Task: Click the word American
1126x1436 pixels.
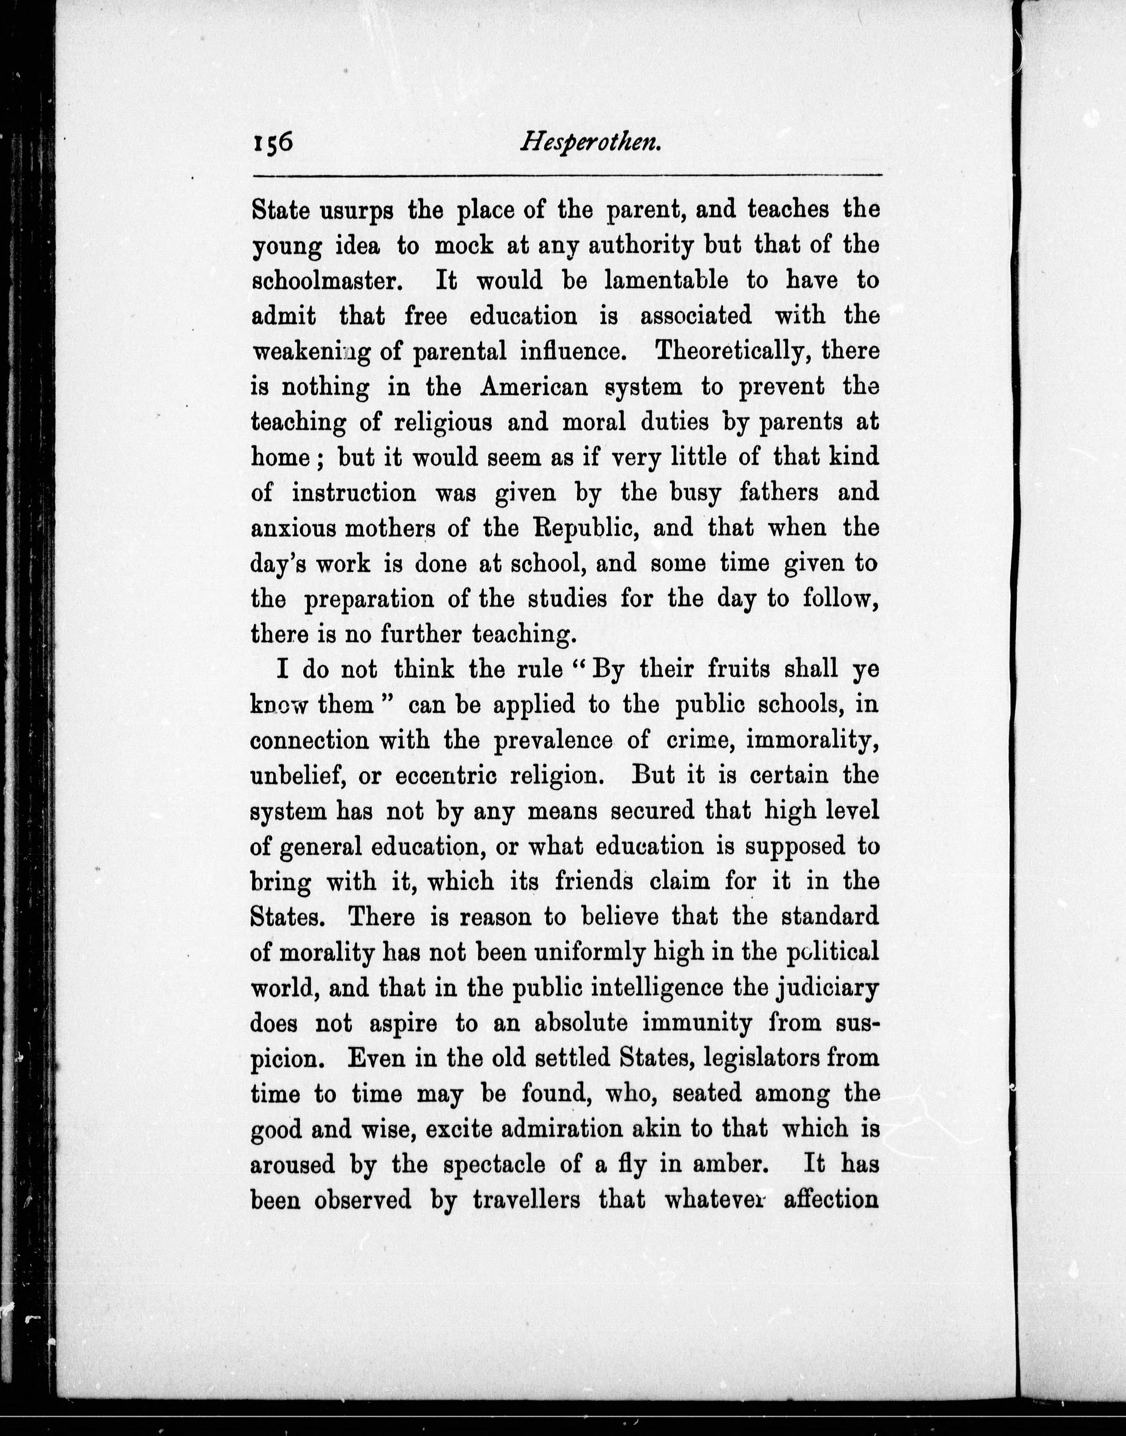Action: pyautogui.click(x=533, y=387)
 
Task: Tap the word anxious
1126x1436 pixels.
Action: pyautogui.click(x=293, y=529)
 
